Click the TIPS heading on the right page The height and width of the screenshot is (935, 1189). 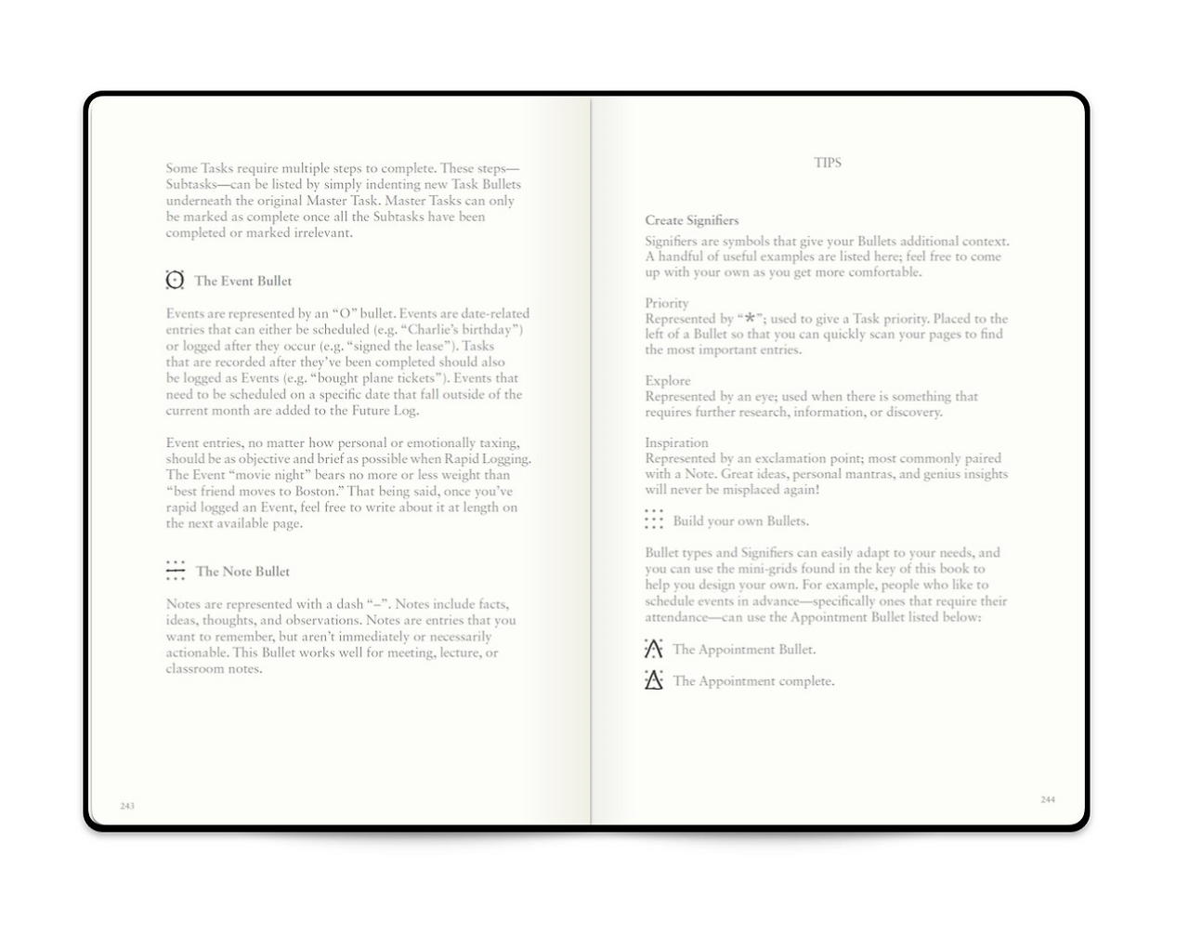click(827, 163)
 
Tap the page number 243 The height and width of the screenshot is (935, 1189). click(127, 806)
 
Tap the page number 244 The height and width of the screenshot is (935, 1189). click(1048, 799)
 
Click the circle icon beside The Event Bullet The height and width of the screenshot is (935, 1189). click(175, 280)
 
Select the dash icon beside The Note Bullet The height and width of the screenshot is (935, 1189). click(176, 571)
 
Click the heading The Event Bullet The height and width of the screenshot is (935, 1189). click(243, 281)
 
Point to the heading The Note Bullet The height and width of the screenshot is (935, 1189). click(242, 572)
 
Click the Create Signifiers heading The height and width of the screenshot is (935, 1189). click(692, 220)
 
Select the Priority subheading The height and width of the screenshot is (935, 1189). click(667, 303)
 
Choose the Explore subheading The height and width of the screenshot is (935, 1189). click(668, 380)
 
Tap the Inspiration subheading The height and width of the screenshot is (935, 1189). click(676, 442)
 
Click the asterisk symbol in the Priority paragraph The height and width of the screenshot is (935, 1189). click(750, 319)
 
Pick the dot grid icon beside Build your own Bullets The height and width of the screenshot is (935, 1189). click(654, 520)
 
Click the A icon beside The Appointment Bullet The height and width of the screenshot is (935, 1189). click(654, 649)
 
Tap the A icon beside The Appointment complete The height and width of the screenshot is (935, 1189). click(654, 680)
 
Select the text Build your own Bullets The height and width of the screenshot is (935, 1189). click(740, 520)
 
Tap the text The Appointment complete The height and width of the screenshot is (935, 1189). click(753, 681)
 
